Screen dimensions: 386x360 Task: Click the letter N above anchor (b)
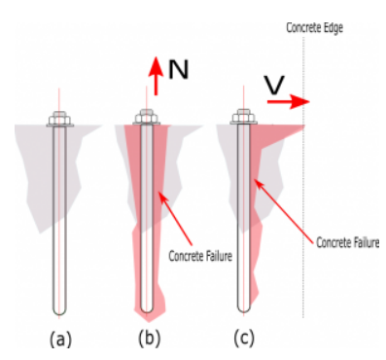(x=178, y=70)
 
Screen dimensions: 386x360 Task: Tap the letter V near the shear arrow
(x=274, y=85)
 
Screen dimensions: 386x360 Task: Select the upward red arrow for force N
(x=156, y=76)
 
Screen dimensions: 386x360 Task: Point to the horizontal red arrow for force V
(x=288, y=101)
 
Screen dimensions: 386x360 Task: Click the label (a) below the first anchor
(x=60, y=340)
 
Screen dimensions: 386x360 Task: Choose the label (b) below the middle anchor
(x=149, y=339)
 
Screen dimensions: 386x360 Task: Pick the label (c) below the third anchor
(x=244, y=339)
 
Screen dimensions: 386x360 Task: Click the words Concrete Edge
(x=314, y=28)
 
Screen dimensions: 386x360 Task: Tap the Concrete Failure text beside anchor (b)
(x=200, y=256)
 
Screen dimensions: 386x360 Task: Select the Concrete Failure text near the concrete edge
(x=347, y=242)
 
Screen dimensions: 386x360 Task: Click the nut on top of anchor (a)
(x=59, y=119)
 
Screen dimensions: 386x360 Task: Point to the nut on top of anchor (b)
(x=147, y=117)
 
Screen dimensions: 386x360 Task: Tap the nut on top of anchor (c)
(x=243, y=117)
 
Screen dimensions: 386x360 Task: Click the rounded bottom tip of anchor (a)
(x=59, y=314)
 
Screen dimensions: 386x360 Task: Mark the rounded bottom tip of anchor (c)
(x=243, y=311)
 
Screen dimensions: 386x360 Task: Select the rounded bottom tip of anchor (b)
(x=147, y=312)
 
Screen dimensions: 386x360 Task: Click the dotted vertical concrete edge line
(x=303, y=178)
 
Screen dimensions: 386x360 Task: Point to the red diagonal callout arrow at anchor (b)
(x=176, y=219)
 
